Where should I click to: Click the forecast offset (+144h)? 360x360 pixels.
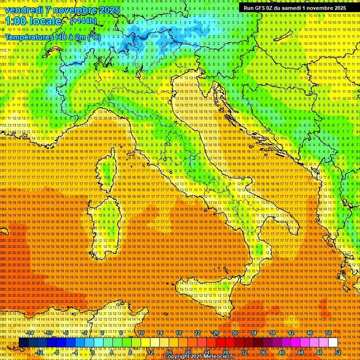pyautogui.click(x=83, y=21)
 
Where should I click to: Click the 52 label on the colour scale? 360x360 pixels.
pyautogui.click(x=338, y=352)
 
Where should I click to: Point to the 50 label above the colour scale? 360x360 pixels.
pyautogui.click(x=329, y=333)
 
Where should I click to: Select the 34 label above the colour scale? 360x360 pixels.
pyautogui.click(x=254, y=333)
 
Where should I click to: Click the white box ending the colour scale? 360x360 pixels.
pyautogui.click(x=333, y=343)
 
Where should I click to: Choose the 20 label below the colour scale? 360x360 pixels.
pyautogui.click(x=187, y=352)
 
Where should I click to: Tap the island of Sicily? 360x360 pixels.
pyautogui.click(x=206, y=300)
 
